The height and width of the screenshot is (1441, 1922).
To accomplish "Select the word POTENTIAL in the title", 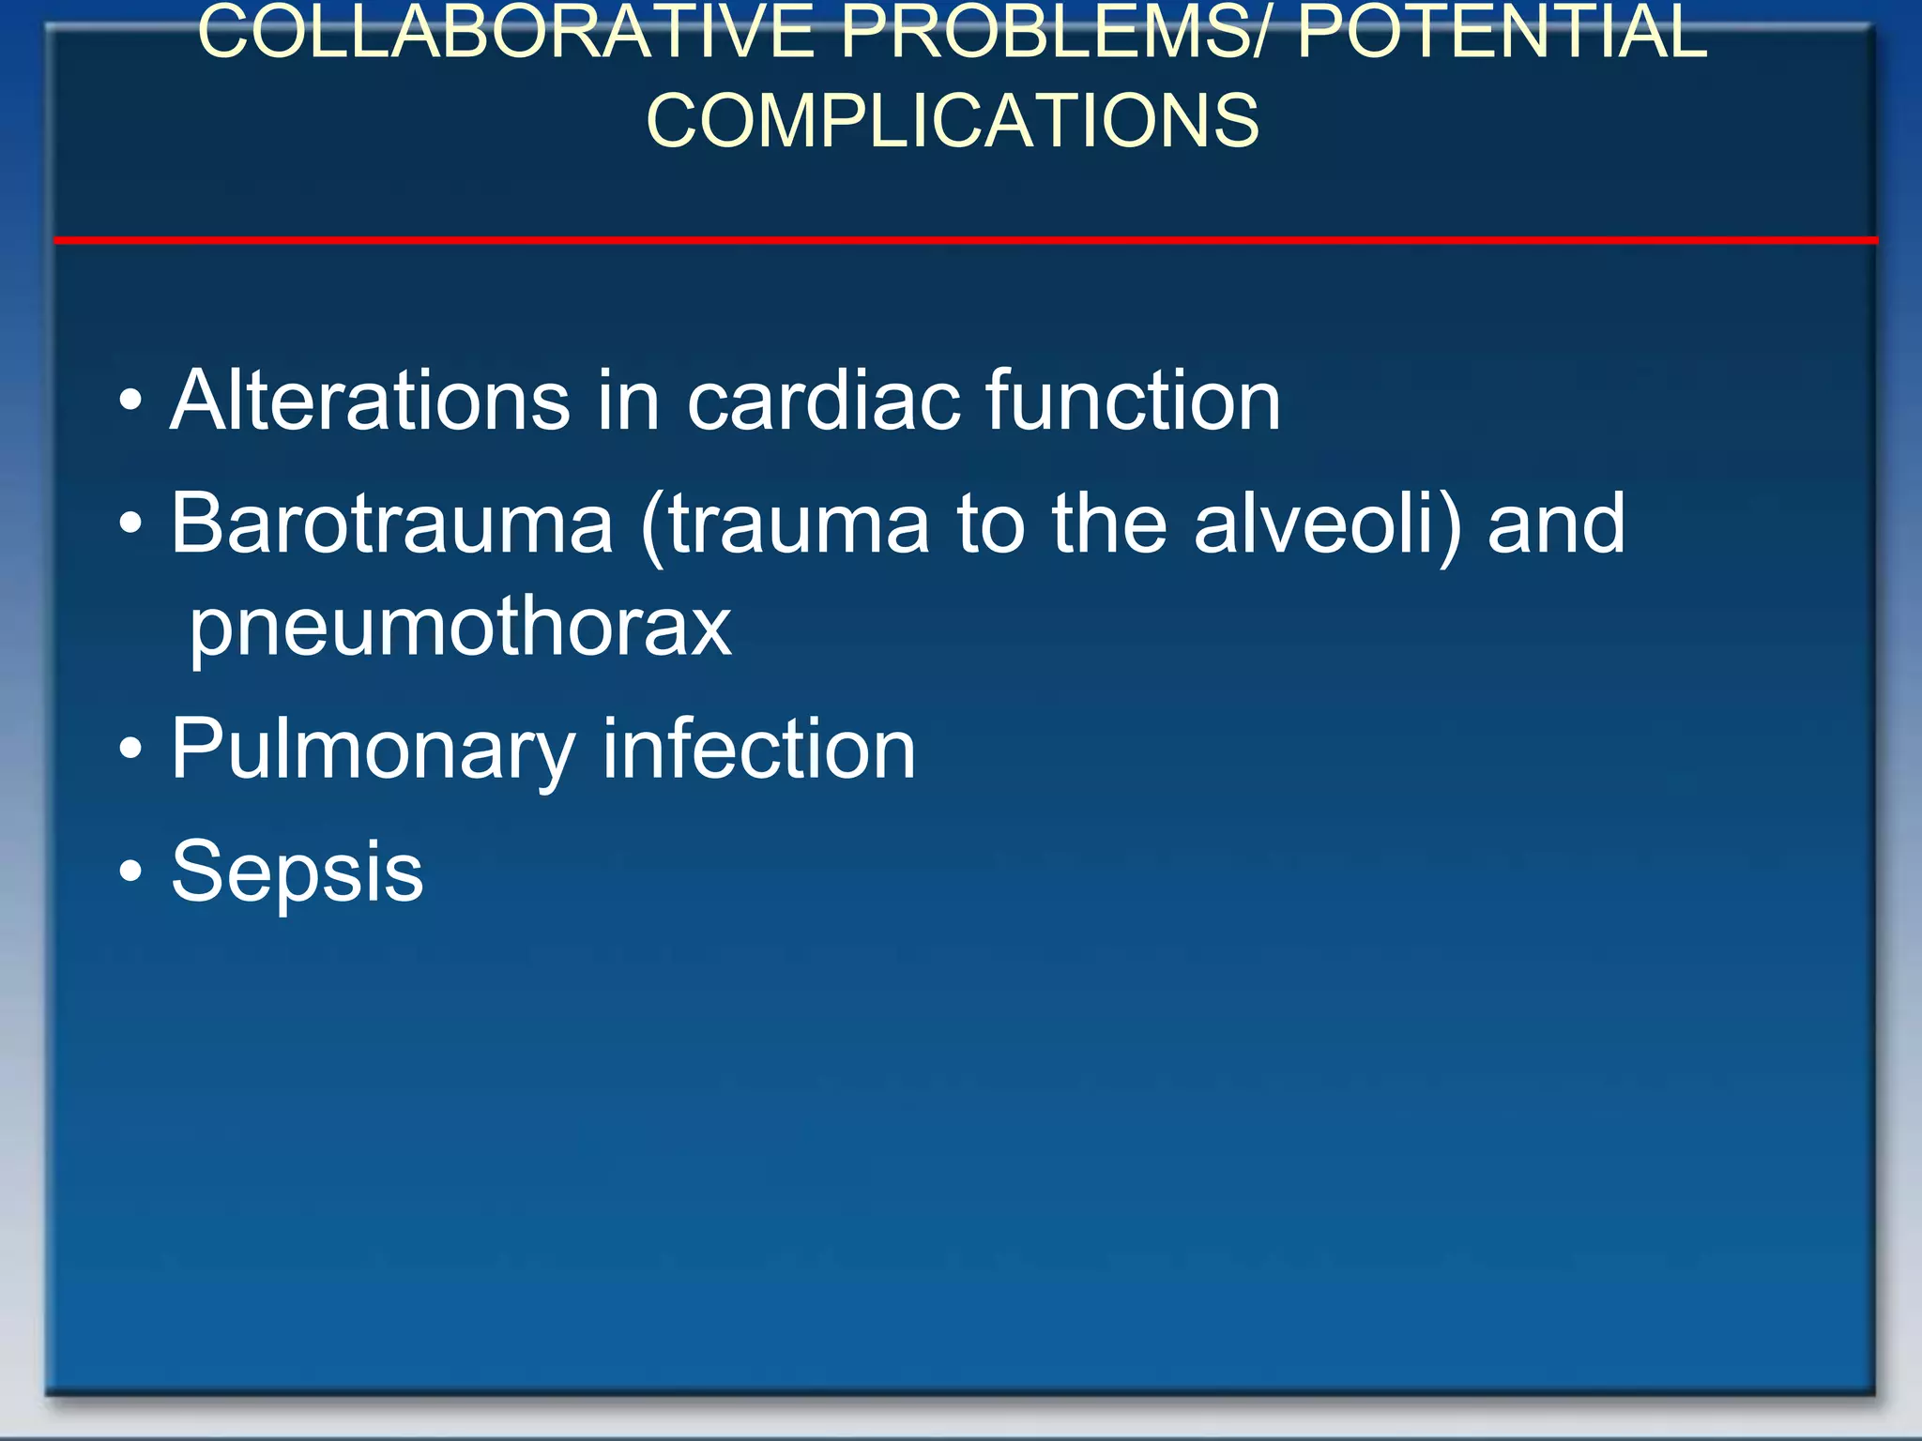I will click(x=1502, y=33).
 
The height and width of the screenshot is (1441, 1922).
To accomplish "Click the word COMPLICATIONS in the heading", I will click(x=953, y=121).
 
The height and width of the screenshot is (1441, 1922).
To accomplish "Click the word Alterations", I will click(x=370, y=401).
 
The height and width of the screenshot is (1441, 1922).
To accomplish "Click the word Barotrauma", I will click(x=391, y=523).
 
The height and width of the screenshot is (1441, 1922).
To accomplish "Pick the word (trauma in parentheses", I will click(x=785, y=523).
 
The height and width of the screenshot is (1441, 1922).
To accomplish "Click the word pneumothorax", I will click(x=460, y=626).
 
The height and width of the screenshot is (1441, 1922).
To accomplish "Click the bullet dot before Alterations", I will click(x=131, y=402).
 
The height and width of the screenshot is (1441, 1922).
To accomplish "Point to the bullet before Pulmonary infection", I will click(x=131, y=750).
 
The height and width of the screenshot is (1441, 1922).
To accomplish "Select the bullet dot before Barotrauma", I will click(x=131, y=524).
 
